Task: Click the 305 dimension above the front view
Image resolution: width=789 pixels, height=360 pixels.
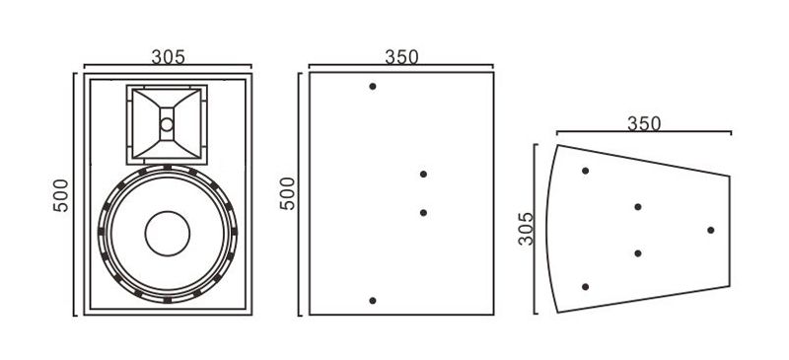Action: pos(168,57)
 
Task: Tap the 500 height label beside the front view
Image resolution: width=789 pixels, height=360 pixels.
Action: pos(61,195)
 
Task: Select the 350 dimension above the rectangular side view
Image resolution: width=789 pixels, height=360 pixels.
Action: pos(401,57)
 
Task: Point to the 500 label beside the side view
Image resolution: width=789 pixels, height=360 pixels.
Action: pos(288,193)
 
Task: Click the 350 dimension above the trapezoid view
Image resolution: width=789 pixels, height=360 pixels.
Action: pos(644,123)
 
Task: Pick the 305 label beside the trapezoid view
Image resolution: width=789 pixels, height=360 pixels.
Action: pos(526,229)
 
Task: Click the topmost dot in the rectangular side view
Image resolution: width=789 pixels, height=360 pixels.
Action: pos(373,86)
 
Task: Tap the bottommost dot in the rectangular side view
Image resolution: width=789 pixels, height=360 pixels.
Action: pos(373,301)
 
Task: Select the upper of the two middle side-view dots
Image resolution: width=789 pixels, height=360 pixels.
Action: pos(423,175)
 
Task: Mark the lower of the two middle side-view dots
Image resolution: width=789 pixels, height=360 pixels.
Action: pos(423,212)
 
